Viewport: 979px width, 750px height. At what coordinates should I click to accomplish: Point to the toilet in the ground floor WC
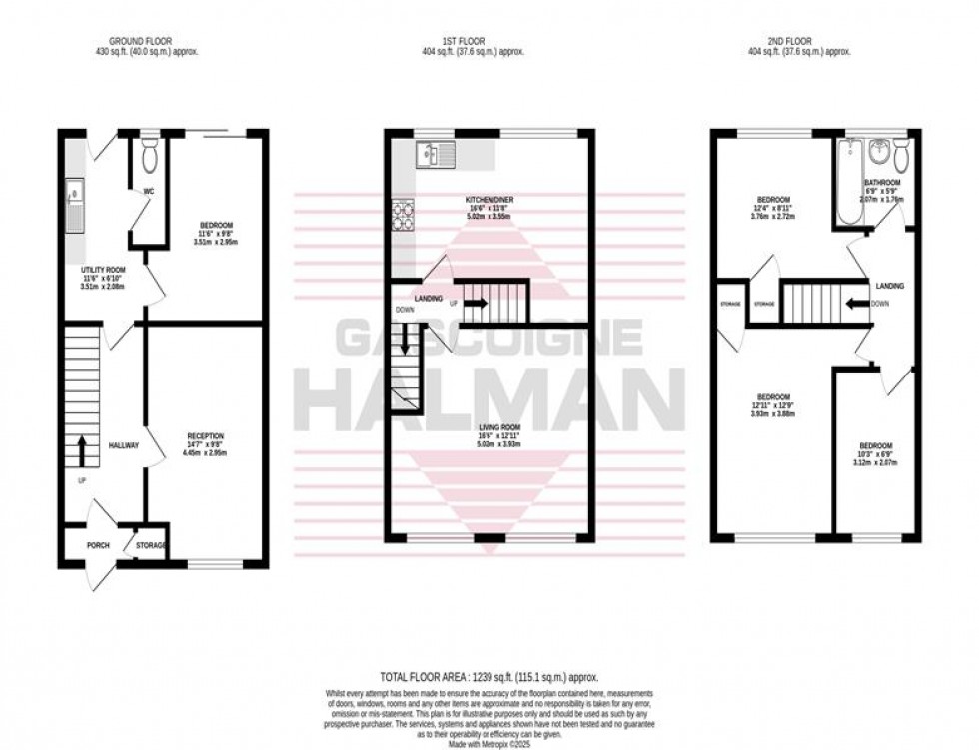(x=150, y=157)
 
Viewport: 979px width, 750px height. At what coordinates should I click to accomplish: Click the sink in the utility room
(x=75, y=205)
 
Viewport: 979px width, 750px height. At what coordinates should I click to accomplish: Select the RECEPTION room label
(x=205, y=435)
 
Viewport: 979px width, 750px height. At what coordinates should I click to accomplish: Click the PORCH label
(x=98, y=545)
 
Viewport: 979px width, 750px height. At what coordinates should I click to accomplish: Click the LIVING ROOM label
(x=489, y=426)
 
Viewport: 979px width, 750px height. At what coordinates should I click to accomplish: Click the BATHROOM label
(x=882, y=183)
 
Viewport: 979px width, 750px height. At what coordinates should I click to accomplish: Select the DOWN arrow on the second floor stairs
(x=856, y=303)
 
